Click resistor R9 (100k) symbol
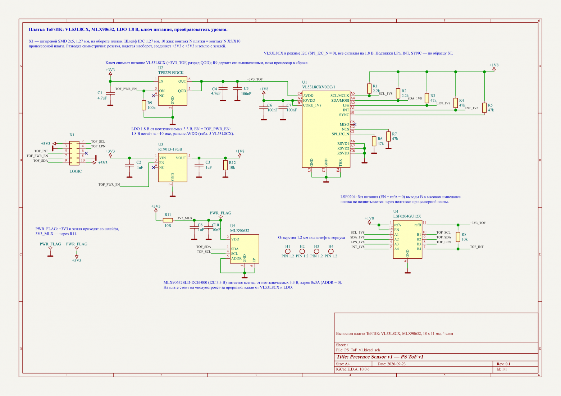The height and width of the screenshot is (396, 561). pos(144,105)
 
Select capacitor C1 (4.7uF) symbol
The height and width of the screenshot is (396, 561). pos(110,93)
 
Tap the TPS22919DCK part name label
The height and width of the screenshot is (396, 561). pos(171,73)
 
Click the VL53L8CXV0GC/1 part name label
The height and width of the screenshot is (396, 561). pos(318,87)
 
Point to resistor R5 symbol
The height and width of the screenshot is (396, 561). pos(484,108)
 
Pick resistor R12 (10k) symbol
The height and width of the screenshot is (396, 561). pos(225,165)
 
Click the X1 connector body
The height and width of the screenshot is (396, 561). pos(74,153)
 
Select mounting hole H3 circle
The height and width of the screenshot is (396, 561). pos(316,251)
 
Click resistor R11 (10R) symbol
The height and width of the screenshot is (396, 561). pos(168,220)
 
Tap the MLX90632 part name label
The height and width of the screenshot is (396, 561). pos(240,231)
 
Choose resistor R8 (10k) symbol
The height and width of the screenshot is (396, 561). pos(458,237)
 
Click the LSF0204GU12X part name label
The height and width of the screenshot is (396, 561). pos(407,216)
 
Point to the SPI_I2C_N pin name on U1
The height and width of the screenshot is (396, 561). pos(340,134)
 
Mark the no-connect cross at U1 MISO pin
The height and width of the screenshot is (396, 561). pos(355,124)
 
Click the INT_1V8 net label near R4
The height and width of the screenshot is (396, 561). pos(472,108)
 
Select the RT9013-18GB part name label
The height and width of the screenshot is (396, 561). pos(170,149)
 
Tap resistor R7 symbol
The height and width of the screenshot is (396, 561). pos(388,137)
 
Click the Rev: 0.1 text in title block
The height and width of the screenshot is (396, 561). pos(503,364)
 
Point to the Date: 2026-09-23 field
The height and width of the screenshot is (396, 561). pos(392,364)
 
